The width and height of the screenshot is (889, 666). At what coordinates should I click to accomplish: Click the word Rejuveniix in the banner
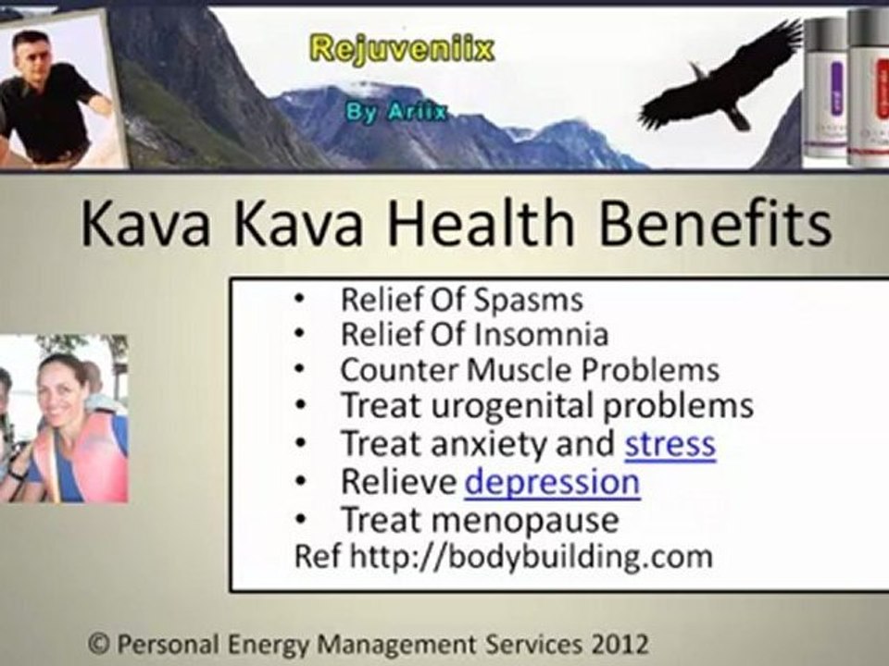tap(401, 48)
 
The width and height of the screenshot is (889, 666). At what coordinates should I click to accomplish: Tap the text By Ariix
tap(396, 112)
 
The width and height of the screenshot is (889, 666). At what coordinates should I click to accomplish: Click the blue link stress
tap(670, 444)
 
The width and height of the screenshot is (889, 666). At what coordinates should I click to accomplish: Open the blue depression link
tap(552, 482)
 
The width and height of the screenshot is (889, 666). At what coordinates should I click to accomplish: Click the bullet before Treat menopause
tap(299, 520)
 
